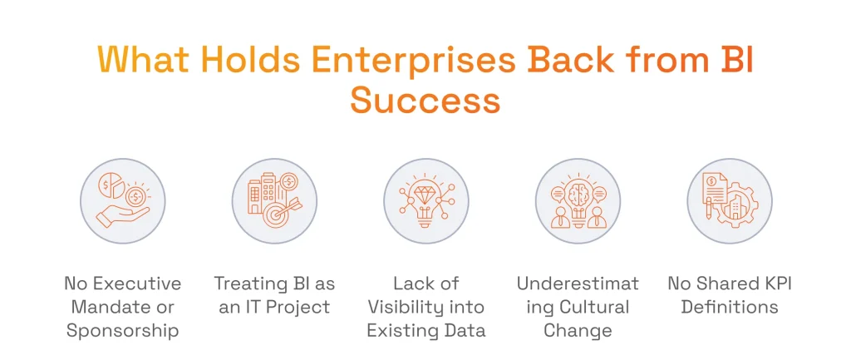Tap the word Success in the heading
click(425, 101)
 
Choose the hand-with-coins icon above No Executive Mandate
click(122, 200)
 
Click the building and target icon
click(274, 200)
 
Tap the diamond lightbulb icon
click(425, 200)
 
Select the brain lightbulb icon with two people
click(578, 200)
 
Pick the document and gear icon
click(729, 200)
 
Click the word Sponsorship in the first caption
click(123, 331)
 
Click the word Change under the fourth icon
click(578, 331)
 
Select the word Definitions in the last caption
click(729, 307)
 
